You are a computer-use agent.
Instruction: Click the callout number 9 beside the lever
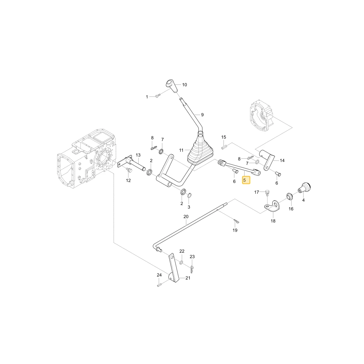(x=202, y=115)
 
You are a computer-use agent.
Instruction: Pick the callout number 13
(x=138, y=155)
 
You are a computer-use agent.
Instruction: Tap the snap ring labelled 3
(x=189, y=195)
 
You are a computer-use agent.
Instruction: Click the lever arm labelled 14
(x=267, y=159)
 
